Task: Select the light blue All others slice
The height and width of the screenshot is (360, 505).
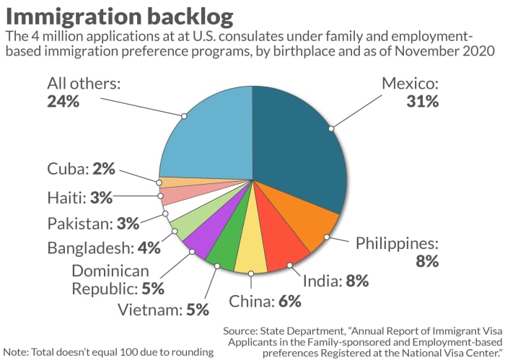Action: coord(209,137)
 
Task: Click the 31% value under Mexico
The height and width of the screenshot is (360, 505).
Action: coord(421,102)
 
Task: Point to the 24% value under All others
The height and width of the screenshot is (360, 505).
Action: coord(63,102)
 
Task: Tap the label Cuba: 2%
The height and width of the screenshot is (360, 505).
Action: coord(81,169)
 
